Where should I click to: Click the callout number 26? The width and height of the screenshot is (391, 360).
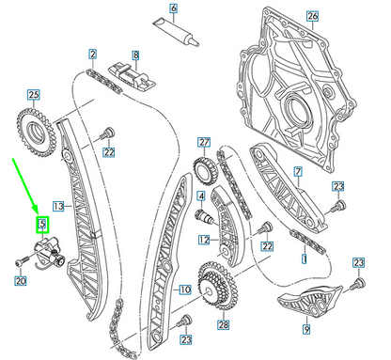pyautogui.click(x=312, y=15)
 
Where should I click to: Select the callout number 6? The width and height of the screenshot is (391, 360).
pyautogui.click(x=172, y=12)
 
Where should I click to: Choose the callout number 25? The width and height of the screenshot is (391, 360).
pyautogui.click(x=33, y=95)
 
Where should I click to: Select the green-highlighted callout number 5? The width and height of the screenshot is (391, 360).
pyautogui.click(x=41, y=224)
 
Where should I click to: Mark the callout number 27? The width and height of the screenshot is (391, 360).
pyautogui.click(x=203, y=142)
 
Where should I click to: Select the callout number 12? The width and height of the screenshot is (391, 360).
pyautogui.click(x=203, y=241)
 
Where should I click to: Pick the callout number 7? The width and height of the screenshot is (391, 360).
pyautogui.click(x=297, y=171)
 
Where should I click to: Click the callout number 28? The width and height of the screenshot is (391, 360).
pyautogui.click(x=223, y=325)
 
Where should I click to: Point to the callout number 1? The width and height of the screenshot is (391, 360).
pyautogui.click(x=303, y=257)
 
